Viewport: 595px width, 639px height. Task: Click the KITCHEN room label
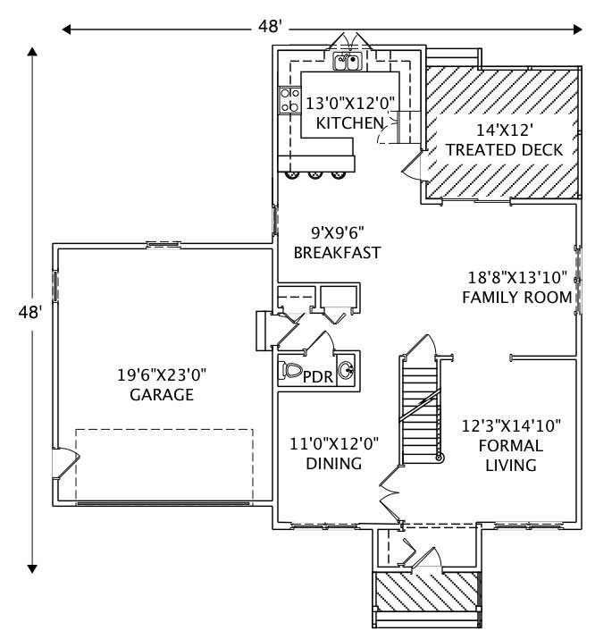coord(349,123)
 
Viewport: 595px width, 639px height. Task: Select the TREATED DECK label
coord(504,150)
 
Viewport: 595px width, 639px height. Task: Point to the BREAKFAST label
coord(338,253)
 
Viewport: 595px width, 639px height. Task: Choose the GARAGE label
coord(161,394)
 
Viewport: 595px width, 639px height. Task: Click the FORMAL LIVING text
coord(507,455)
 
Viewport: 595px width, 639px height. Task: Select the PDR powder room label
coord(319,377)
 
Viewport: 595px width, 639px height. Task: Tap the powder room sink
coord(347,369)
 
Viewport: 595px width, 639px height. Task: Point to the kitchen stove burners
coord(289,99)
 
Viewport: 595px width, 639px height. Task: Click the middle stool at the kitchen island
coord(314,174)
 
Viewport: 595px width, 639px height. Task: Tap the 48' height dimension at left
coord(30,312)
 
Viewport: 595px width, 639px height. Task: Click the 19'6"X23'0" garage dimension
coord(161,374)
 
